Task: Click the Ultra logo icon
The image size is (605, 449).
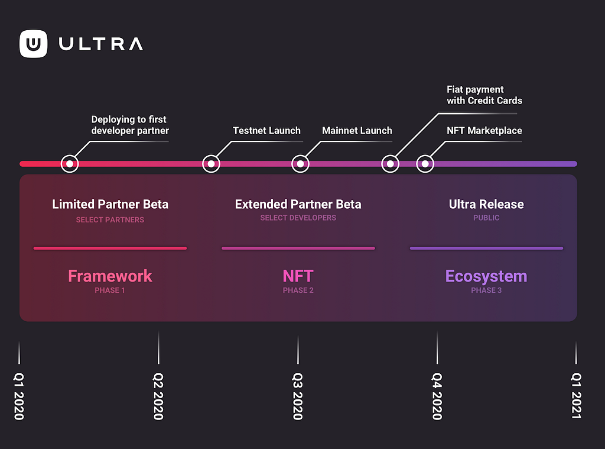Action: point(34,44)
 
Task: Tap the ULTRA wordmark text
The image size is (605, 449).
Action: point(101,44)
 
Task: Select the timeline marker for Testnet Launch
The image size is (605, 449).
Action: point(211,164)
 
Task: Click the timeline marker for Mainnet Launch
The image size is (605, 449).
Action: point(300,164)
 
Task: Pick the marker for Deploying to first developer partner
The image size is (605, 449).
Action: point(70,164)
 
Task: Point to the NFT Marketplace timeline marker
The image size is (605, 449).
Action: point(425,164)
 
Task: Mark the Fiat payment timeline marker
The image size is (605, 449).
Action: point(390,164)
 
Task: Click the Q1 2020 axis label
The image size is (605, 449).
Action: point(19,396)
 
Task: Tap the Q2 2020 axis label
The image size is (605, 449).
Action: point(158,396)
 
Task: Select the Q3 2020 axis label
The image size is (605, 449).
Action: point(298,396)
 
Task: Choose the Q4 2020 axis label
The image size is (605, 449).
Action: point(437,396)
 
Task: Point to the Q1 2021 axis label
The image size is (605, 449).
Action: point(576,396)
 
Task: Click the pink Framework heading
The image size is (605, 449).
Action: point(110,276)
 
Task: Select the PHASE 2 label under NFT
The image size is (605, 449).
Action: point(298,290)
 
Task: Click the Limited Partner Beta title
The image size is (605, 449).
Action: point(110,204)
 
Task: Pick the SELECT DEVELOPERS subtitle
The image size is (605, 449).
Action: point(298,218)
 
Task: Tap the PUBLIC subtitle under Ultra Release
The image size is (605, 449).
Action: point(486,218)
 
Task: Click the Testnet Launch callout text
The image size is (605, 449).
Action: point(266,131)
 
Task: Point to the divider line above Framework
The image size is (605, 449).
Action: point(110,248)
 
